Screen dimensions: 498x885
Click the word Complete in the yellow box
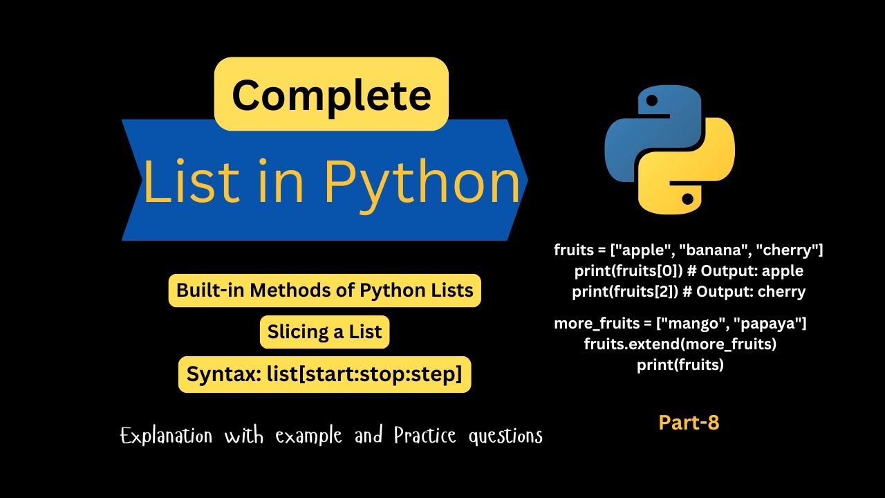(x=331, y=95)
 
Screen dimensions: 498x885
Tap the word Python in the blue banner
(x=421, y=181)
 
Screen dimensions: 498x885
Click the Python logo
(x=669, y=150)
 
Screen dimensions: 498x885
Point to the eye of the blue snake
(x=651, y=101)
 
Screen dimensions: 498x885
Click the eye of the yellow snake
(x=687, y=199)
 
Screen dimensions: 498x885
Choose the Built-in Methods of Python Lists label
(x=324, y=290)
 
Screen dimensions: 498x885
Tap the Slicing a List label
(x=324, y=332)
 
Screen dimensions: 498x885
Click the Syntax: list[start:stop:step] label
(x=324, y=374)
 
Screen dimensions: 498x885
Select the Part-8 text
(x=689, y=423)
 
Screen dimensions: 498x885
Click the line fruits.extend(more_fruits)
(x=680, y=344)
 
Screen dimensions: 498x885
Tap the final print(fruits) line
(x=680, y=365)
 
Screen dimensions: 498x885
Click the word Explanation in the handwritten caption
(x=166, y=436)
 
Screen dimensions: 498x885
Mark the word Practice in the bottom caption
(x=425, y=436)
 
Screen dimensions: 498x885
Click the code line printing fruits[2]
(x=689, y=291)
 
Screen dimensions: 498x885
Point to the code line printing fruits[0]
(x=689, y=270)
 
